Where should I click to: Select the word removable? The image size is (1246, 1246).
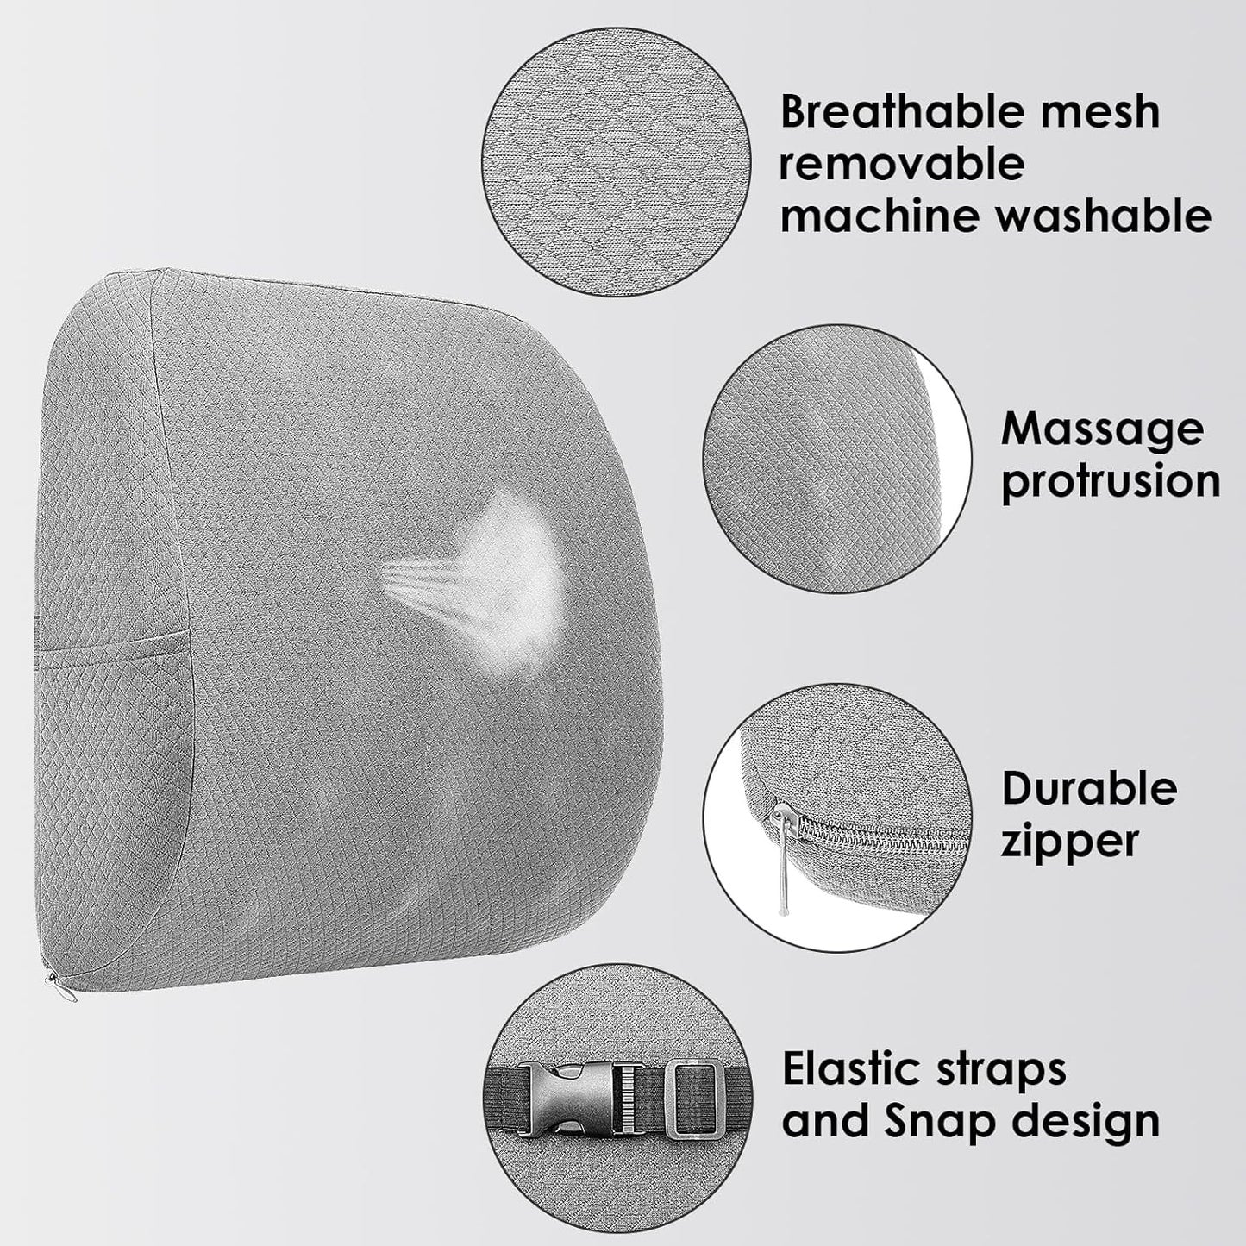[x=902, y=164]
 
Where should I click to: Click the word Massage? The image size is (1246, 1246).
[x=1101, y=429]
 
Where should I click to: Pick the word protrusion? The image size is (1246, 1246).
[x=1111, y=481]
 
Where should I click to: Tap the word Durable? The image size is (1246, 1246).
[x=1089, y=789]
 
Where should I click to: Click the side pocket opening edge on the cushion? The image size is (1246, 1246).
[x=112, y=643]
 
